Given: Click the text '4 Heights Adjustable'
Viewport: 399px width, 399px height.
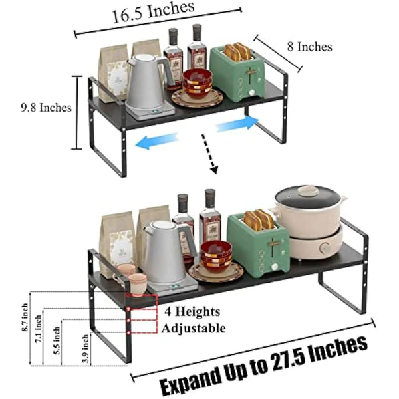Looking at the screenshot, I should pos(192,319).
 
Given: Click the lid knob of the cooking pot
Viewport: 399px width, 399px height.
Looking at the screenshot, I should pos(308,190).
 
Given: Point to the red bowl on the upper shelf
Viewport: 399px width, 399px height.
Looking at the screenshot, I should pos(198,82).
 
